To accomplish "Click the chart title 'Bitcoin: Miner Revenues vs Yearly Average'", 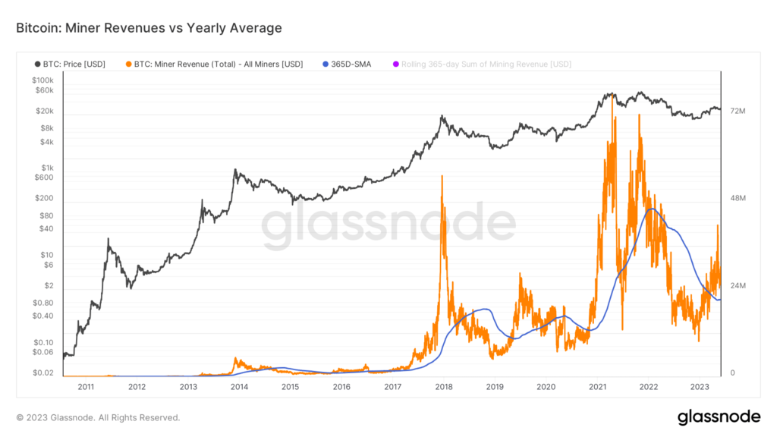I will coord(149,28).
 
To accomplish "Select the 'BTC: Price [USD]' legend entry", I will coord(70,64).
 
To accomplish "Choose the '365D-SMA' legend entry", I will coord(347,64).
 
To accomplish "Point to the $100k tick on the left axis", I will coord(42,80).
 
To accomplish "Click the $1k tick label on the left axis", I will coord(48,168).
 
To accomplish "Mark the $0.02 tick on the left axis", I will coord(43,373).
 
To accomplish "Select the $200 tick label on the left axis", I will coord(45,198).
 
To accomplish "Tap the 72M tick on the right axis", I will coord(738,112).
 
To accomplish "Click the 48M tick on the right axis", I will coord(738,199).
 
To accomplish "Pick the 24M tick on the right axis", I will coord(738,286).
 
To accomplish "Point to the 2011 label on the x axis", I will coord(86,386).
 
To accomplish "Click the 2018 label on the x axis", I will coord(444,386).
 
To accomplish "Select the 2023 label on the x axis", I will coord(700,386).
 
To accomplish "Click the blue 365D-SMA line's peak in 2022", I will coord(650,209).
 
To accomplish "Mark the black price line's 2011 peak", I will coord(108,239).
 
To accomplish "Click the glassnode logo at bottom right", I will coord(718,417).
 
